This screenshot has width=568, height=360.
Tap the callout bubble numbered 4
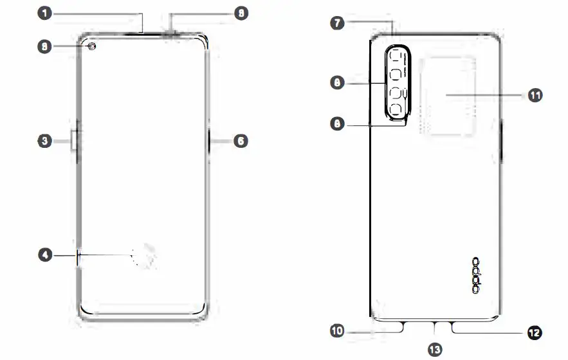(44, 255)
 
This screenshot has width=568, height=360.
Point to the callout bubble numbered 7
(336, 22)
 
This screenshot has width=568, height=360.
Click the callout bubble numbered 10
(337, 331)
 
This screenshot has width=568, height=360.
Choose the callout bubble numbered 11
(535, 95)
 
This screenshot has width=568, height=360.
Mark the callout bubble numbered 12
(533, 332)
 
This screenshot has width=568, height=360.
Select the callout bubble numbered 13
(435, 349)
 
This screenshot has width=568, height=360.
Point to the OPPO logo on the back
(477, 276)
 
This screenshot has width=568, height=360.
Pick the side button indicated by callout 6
(210, 141)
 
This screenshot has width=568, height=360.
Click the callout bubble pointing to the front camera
(44, 46)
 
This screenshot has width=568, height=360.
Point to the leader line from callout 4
(103, 255)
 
